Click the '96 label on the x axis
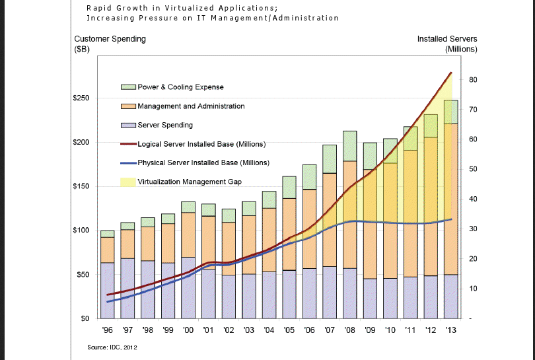pos(108,330)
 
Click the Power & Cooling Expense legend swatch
pos(128,87)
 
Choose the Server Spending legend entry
pos(165,125)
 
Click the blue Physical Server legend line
pos(128,162)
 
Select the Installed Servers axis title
pos(446,39)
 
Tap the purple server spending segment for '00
pos(188,287)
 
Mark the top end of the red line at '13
pos(450,73)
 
